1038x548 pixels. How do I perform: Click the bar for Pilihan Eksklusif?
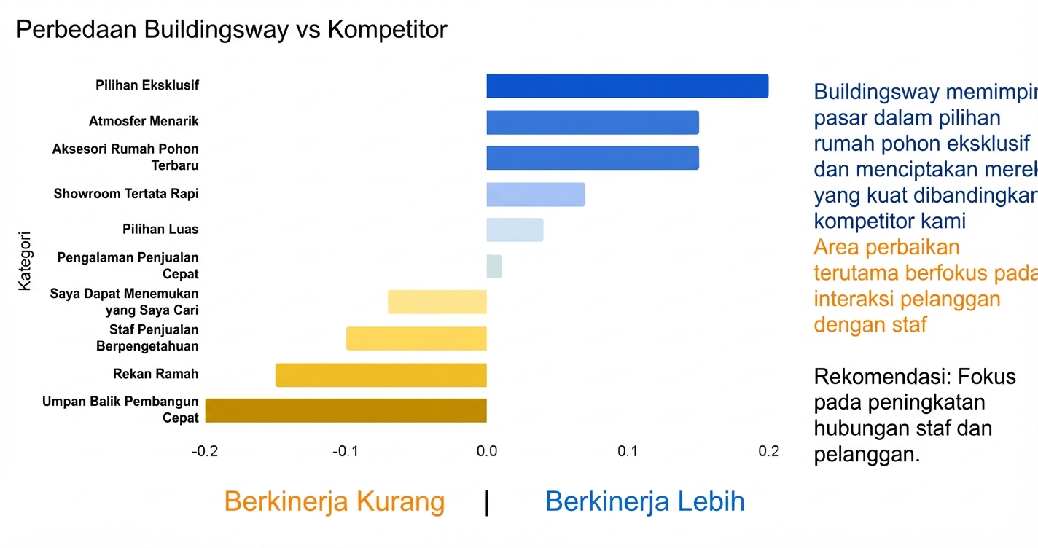[627, 86]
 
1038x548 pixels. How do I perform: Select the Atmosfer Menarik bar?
[593, 122]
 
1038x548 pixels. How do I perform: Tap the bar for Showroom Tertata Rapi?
[536, 195]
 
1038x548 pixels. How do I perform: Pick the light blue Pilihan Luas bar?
[515, 230]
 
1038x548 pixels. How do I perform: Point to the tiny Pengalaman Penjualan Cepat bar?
[494, 267]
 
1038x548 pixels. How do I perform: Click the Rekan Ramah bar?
[381, 375]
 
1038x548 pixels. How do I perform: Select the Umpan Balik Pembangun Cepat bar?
[346, 411]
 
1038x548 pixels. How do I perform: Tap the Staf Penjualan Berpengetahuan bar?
[416, 339]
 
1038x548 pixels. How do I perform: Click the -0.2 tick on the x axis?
[205, 452]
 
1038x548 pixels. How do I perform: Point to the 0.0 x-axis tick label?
[487, 452]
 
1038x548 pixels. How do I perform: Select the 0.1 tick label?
[628, 452]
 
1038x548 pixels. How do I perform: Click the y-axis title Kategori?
[26, 262]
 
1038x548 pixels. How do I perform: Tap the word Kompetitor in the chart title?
[387, 30]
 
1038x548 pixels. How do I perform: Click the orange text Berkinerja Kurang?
[334, 502]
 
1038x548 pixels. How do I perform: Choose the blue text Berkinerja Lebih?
[644, 502]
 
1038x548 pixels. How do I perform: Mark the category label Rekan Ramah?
[155, 375]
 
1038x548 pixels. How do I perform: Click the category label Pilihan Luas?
[160, 230]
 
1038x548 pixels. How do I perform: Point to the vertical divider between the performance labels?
[487, 503]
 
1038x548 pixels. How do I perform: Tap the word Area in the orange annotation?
[837, 247]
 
